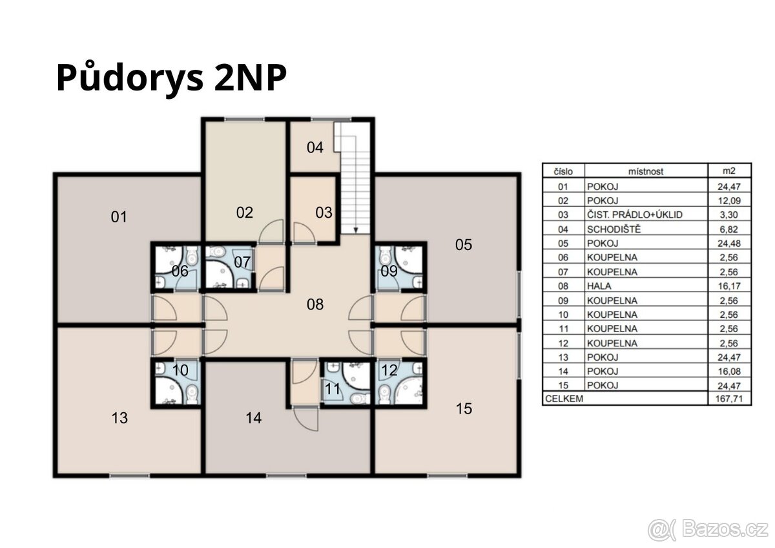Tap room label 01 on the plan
119,217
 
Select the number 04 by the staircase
315,148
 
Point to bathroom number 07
242,262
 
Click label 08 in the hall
315,304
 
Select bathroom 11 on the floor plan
333,389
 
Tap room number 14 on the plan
254,419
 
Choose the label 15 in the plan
464,408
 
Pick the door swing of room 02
272,231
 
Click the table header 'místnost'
645,171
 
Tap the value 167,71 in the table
730,399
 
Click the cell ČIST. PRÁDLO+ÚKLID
634,215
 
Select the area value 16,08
730,371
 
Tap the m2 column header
730,171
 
